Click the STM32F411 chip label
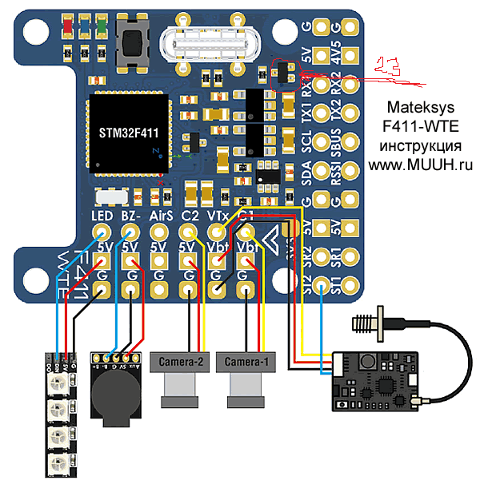click(131, 132)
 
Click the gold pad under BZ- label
click(130, 233)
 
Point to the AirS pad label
click(161, 216)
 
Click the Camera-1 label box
click(247, 362)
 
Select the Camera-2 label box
click(179, 362)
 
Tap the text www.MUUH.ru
click(421, 164)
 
